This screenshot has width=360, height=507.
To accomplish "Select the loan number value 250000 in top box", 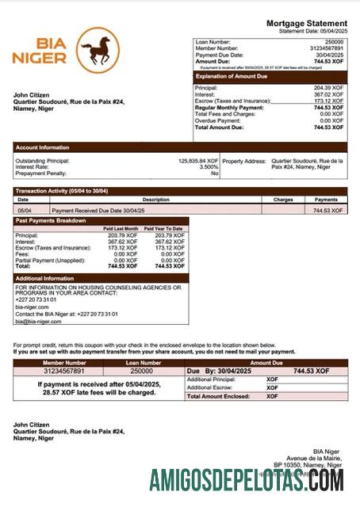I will pyautogui.click(x=334, y=41).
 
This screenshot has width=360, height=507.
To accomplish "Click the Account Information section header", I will pyautogui.click(x=42, y=147).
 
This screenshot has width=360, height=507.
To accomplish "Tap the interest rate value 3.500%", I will pyautogui.click(x=209, y=167).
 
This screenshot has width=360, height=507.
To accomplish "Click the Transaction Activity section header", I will pyautogui.click(x=62, y=191).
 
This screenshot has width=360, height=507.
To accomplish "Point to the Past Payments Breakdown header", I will pyautogui.click(x=51, y=220).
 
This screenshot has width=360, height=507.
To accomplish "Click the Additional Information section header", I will pyautogui.click(x=44, y=278).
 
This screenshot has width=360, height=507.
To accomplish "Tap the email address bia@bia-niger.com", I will pyautogui.click(x=38, y=322).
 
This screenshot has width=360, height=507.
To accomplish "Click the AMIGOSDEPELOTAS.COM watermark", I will pyautogui.click(x=246, y=479).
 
